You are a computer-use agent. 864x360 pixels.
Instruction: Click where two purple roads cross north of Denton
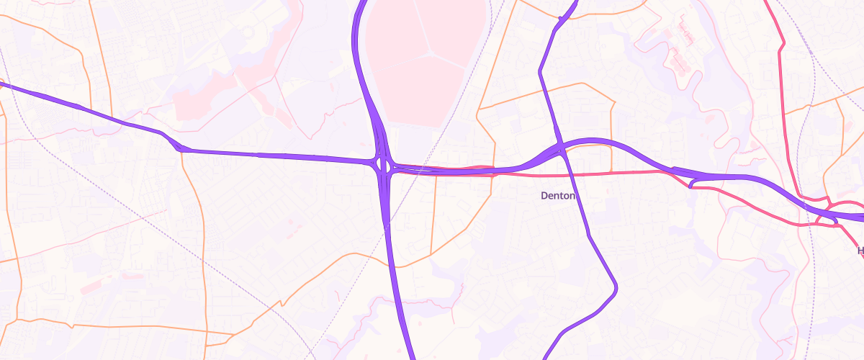coord(559,148)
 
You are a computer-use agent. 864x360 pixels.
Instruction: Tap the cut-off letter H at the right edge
coord(860,251)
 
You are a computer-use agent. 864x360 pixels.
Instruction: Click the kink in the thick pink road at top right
coord(782,47)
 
